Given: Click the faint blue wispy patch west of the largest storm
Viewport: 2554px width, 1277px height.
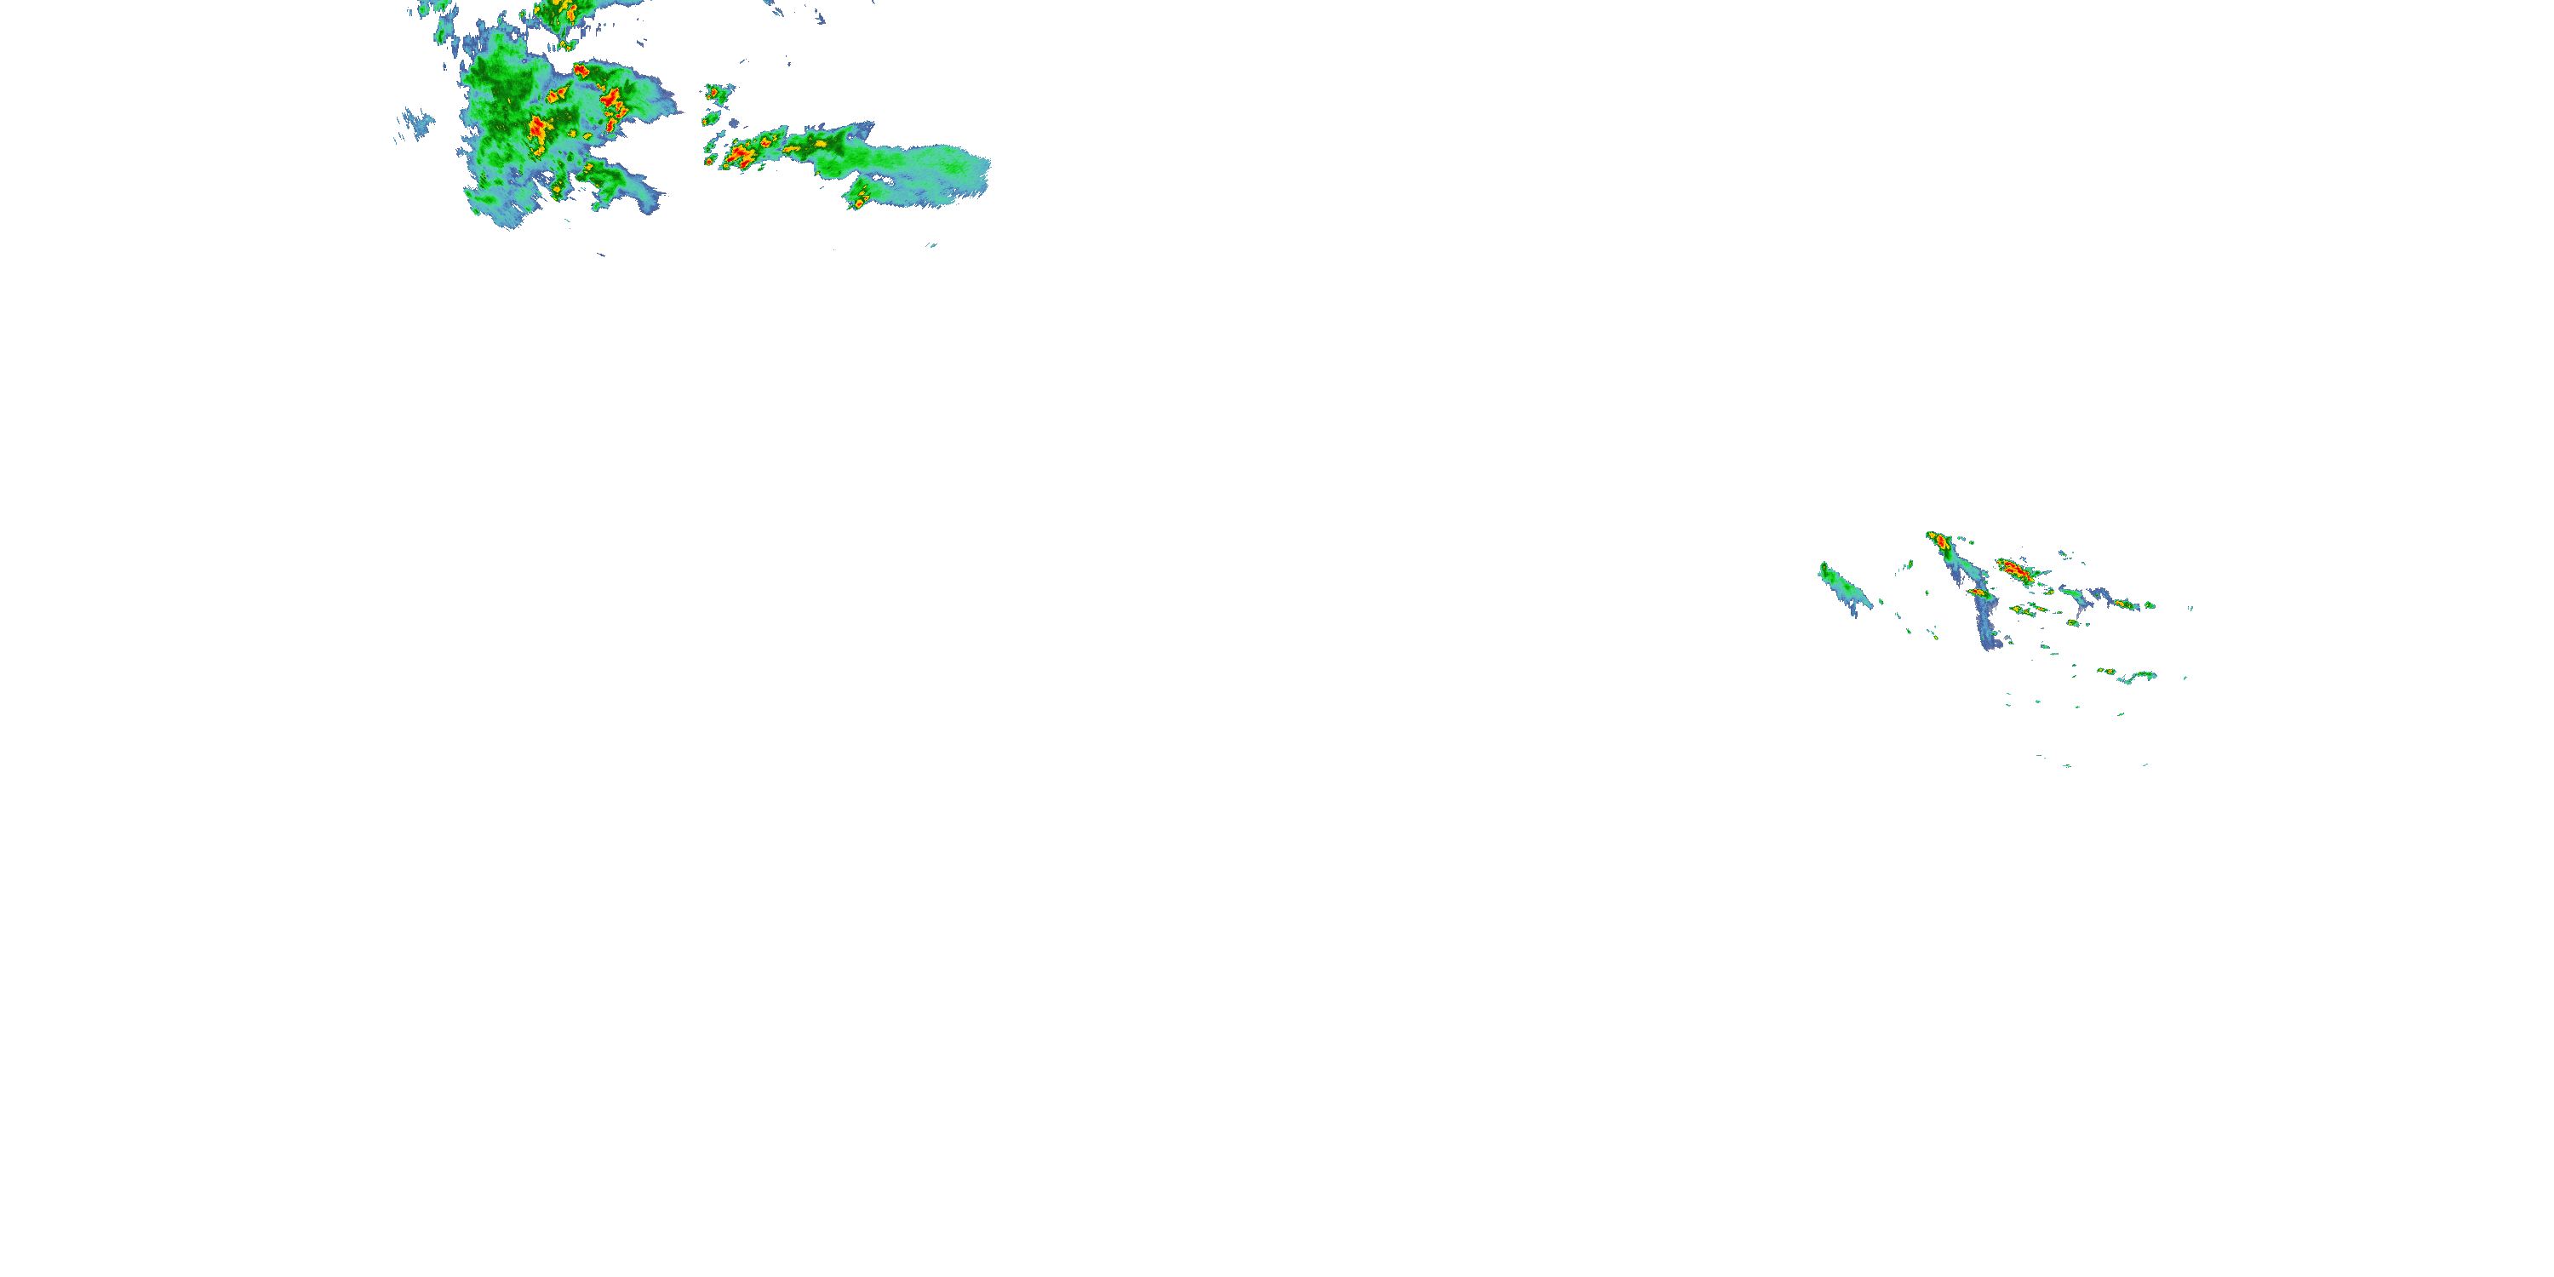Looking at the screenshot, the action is (416, 124).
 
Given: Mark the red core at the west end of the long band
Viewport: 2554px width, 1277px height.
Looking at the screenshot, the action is (739, 155).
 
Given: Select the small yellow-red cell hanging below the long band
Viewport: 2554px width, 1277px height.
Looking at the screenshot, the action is (859, 199).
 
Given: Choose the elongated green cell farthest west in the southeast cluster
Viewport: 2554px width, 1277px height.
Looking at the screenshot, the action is (1842, 587).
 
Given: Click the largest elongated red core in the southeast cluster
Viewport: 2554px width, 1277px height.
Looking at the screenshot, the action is (2013, 570).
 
